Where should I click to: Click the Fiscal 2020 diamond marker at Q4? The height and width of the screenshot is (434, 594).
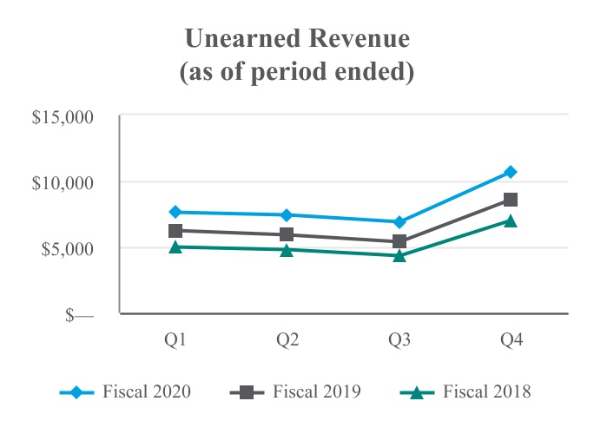point(511,172)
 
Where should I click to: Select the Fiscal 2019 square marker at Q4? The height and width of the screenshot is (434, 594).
point(511,200)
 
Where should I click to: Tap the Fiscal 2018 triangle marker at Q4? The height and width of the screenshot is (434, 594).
point(511,220)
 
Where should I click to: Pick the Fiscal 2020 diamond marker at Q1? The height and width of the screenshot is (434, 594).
point(176,212)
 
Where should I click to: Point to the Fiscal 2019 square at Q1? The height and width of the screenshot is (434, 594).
point(176,231)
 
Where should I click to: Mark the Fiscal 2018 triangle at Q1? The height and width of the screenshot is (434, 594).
point(176,247)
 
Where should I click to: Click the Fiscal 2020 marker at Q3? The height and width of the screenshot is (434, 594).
point(399,222)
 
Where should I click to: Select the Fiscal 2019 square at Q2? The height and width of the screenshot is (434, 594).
point(287,234)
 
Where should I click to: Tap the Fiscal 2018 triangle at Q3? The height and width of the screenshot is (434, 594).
point(399,255)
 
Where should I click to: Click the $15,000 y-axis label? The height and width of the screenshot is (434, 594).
point(63,116)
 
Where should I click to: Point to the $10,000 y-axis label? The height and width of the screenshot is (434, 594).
point(63,182)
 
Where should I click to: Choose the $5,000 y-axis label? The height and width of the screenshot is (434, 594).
point(67,248)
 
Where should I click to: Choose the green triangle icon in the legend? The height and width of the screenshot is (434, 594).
point(419,392)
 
